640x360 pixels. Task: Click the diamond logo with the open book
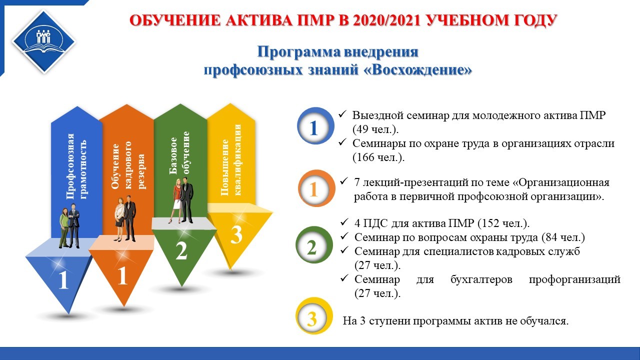coord(43,41)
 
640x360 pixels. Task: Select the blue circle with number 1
coord(315,126)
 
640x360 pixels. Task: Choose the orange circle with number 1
coord(316,188)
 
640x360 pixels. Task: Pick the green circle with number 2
coord(314,245)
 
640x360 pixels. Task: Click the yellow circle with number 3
coord(314,315)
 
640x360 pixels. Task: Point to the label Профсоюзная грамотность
coord(76,166)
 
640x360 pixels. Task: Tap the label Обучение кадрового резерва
coord(128,165)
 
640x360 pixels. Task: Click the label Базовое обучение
coord(179,153)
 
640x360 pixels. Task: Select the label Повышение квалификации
coord(231,160)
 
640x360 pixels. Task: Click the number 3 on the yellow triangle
coord(236,235)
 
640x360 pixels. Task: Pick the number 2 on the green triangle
coord(181,251)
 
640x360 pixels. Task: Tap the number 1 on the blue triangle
coord(63,280)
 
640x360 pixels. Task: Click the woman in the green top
coord(64,227)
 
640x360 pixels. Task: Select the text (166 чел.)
coord(378,157)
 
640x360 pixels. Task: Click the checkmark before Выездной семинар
coord(342,114)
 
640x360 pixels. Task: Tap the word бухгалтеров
coord(481,279)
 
